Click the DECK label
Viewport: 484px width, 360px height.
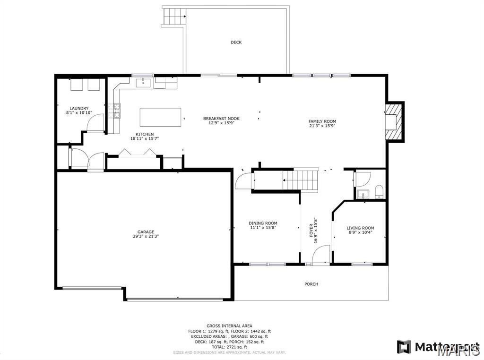click(x=236, y=43)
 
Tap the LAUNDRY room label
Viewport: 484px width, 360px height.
click(x=79, y=109)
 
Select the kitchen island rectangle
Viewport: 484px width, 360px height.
click(x=160, y=117)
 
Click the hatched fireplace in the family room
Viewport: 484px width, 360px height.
click(x=394, y=121)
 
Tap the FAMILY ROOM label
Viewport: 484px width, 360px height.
click(x=322, y=121)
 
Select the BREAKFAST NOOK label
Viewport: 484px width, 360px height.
click(x=221, y=119)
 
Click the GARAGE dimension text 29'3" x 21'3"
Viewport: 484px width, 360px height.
click(x=146, y=236)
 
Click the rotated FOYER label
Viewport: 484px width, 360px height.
click(x=311, y=230)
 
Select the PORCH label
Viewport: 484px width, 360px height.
click(x=311, y=284)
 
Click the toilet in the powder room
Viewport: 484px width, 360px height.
click(x=378, y=192)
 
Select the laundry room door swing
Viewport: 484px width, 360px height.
click(x=95, y=124)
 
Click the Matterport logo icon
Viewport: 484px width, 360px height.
click(x=404, y=347)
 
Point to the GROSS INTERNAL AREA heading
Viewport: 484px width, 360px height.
click(x=229, y=326)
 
